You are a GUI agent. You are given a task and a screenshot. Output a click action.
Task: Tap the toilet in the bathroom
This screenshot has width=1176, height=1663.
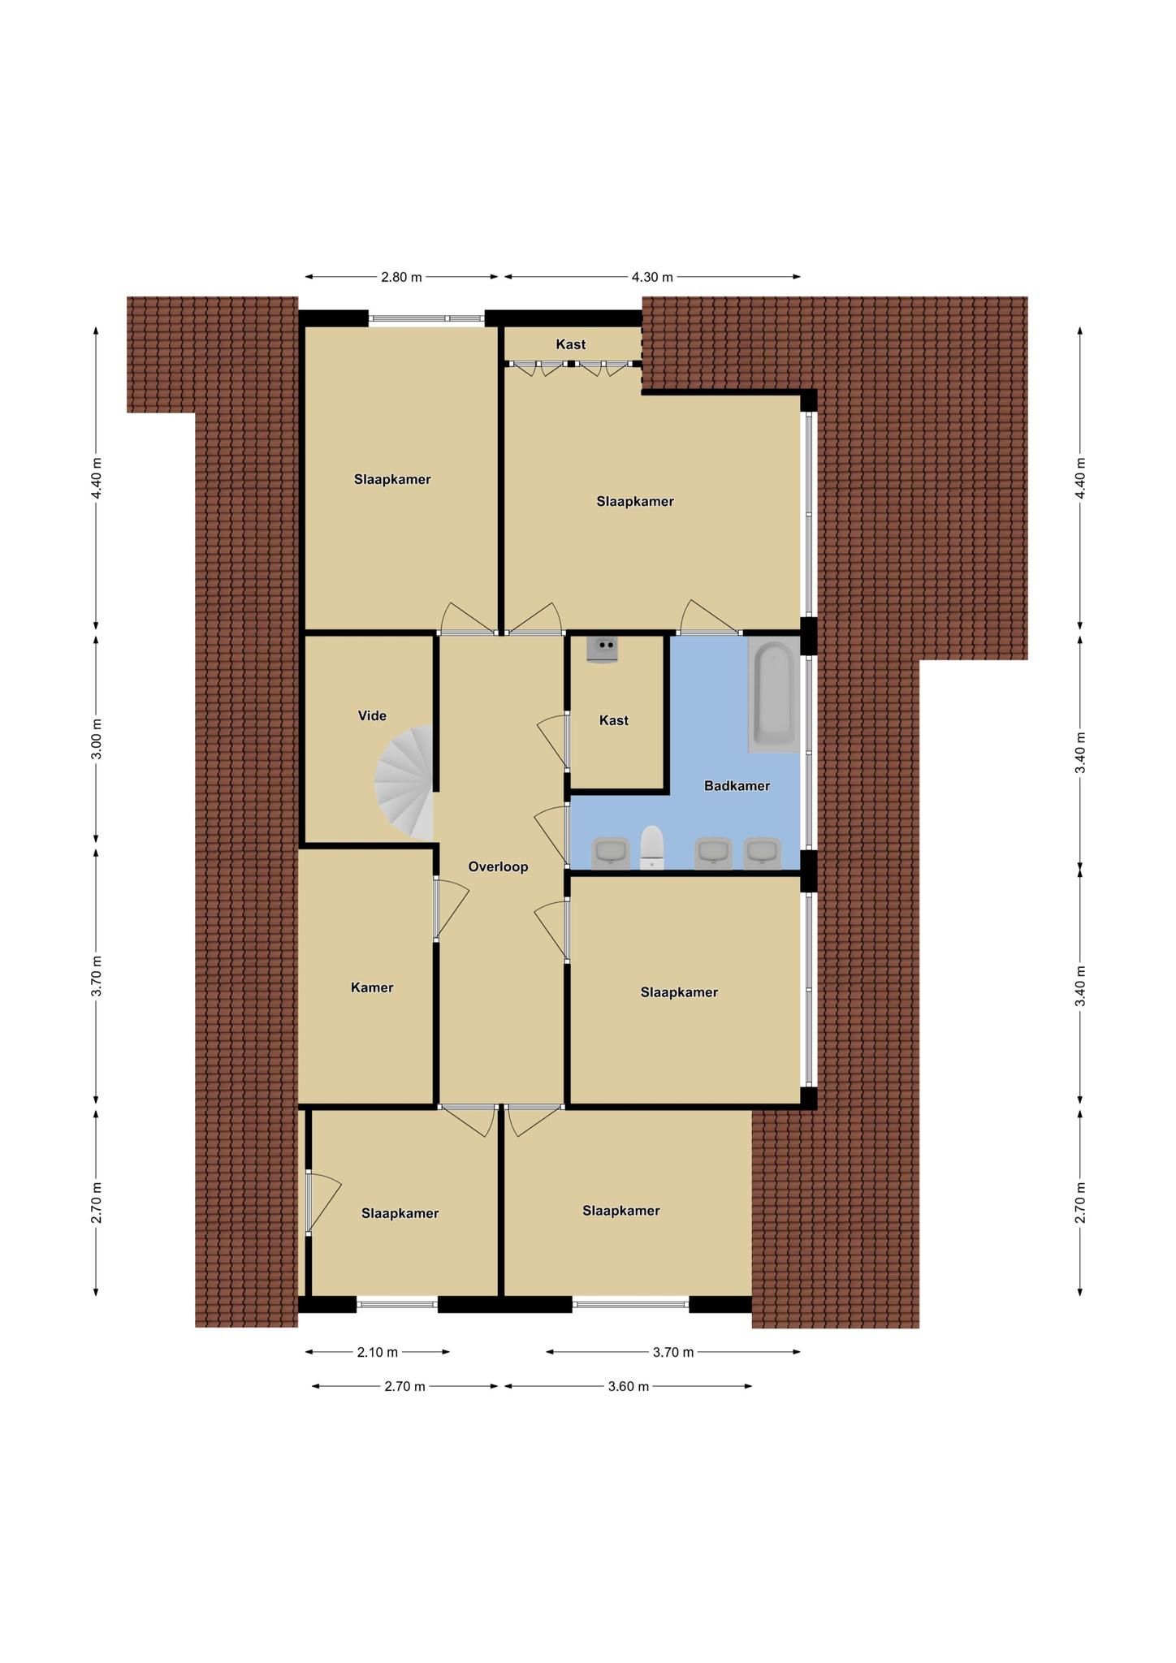pos(652,848)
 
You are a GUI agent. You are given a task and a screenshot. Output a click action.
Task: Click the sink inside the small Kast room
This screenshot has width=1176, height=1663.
pos(602,650)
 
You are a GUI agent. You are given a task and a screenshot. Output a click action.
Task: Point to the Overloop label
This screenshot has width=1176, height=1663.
pos(498,867)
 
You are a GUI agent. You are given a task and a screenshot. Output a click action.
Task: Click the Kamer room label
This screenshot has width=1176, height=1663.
pos(372,988)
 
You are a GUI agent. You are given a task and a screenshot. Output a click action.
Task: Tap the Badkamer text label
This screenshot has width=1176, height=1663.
pos(737,786)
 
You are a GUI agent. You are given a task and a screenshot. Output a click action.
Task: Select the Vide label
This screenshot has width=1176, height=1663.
pos(372,716)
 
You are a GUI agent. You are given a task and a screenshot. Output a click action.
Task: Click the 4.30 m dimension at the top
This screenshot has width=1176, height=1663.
pos(652,277)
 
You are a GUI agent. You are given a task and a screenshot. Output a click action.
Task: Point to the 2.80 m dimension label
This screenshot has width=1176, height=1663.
pos(401,277)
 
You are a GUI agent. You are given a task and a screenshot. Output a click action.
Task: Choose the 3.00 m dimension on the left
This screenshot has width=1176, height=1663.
pos(97,739)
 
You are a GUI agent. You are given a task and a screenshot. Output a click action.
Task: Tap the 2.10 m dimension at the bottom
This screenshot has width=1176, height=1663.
pos(377,1352)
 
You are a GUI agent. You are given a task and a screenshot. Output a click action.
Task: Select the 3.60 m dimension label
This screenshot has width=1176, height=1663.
pos(628,1386)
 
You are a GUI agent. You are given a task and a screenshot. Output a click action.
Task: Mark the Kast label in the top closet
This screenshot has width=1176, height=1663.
pos(570,344)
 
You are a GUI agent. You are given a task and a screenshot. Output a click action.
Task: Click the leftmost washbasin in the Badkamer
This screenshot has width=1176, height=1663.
pos(611,853)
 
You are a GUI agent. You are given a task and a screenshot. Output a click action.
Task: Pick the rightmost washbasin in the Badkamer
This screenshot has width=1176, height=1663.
pos(763,853)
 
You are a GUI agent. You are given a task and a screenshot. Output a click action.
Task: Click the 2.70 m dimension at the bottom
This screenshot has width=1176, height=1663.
pos(404,1386)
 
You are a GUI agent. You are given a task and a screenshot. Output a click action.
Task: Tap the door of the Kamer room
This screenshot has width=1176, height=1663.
pos(451,909)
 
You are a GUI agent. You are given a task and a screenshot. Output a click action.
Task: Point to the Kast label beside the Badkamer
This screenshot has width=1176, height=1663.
pos(613,720)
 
